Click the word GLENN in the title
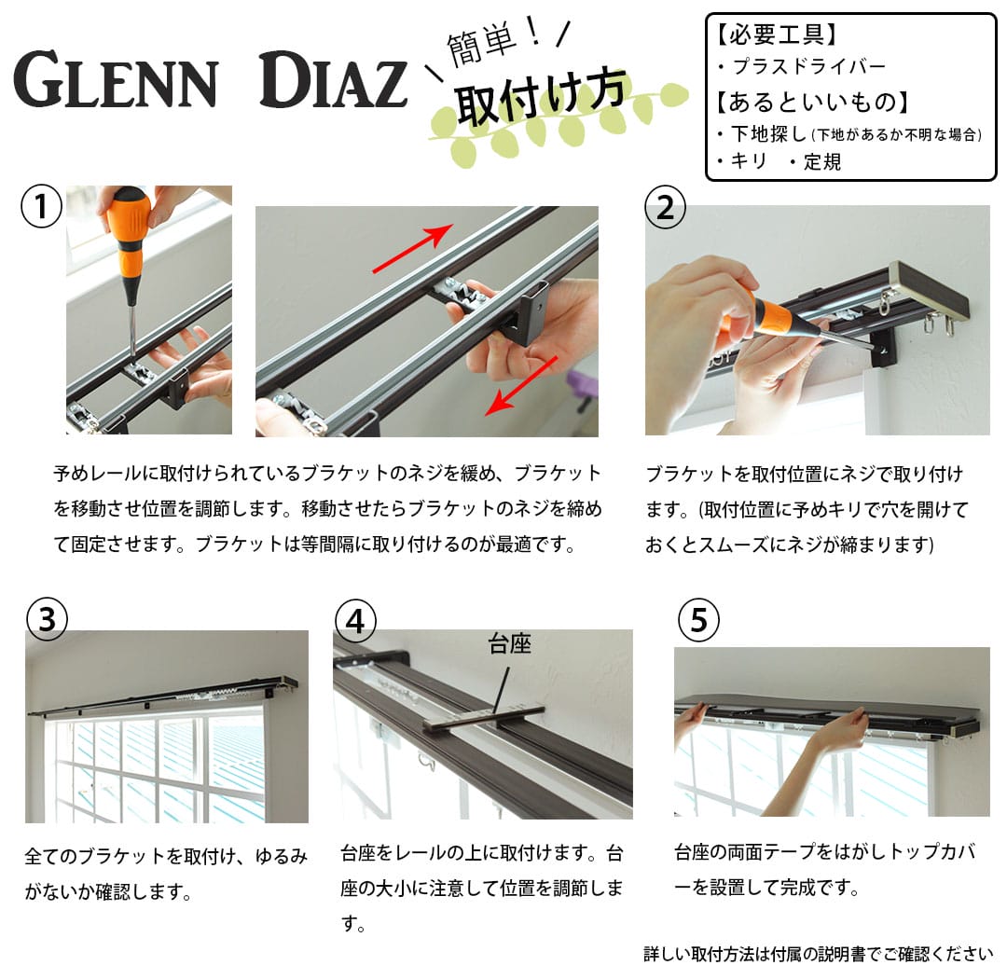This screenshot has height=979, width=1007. [x=116, y=81]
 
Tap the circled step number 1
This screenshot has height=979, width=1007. [x=41, y=207]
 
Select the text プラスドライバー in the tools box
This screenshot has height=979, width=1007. [x=808, y=67]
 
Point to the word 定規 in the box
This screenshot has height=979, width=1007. [x=822, y=162]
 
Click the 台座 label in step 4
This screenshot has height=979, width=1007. [x=510, y=644]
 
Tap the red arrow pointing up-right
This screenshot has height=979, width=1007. [x=413, y=249]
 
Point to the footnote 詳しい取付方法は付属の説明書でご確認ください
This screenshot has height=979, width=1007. [x=818, y=954]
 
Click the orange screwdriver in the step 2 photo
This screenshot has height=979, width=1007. [x=751, y=322]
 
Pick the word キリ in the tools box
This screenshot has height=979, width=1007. [x=749, y=162]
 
